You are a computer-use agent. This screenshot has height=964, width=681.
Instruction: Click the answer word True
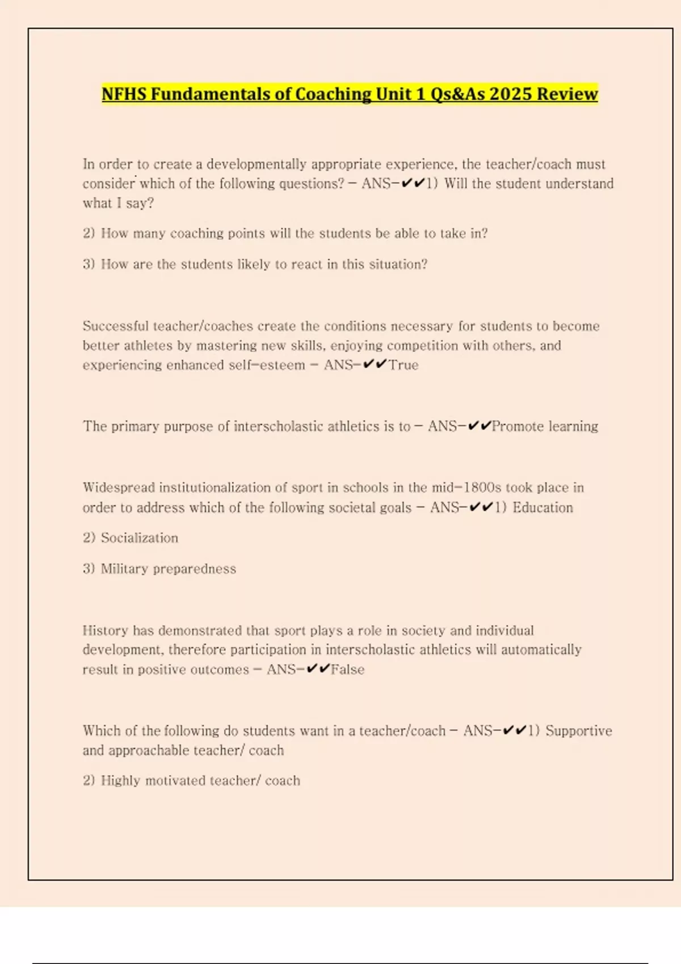tap(403, 365)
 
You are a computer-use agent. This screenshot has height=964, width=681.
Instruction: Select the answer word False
tap(347, 670)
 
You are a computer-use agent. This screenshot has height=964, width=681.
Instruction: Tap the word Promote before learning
tap(518, 426)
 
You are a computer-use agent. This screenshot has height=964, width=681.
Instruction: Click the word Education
tap(543, 508)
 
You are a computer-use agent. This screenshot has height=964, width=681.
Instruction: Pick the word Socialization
tap(139, 538)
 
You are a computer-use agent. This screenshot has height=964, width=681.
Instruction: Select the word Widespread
tap(119, 488)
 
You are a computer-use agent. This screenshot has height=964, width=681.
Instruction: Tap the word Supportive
tap(579, 731)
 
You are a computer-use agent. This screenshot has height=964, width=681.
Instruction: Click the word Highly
tap(120, 781)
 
